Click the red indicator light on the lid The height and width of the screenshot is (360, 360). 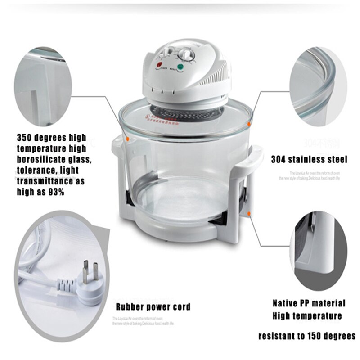[159, 66]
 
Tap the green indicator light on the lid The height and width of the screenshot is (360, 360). [180, 68]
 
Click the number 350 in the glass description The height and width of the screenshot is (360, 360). [26, 137]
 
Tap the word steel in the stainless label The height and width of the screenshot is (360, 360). [337, 159]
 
